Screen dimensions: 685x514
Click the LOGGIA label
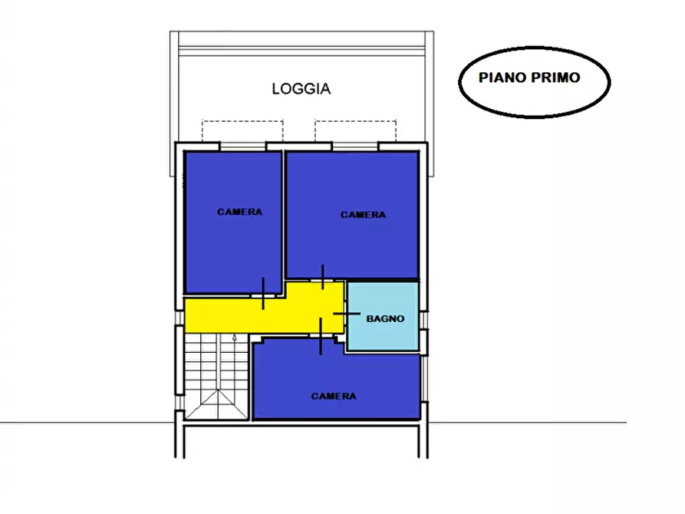click(x=301, y=89)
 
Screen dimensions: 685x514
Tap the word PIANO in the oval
click(x=502, y=77)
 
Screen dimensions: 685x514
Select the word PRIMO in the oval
click(x=555, y=77)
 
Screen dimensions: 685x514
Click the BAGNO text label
click(x=385, y=318)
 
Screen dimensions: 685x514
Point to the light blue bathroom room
click(x=383, y=316)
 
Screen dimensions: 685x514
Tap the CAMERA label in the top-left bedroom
click(x=239, y=212)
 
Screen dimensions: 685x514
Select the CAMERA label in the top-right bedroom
click(x=363, y=215)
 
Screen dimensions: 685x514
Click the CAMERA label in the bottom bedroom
click(x=334, y=396)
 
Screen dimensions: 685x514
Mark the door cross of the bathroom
click(x=347, y=313)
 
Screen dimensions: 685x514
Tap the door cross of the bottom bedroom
click(x=321, y=335)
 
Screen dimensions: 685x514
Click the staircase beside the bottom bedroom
click(x=216, y=376)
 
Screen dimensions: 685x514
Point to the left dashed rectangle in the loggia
click(x=242, y=131)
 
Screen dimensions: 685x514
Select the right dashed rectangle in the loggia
click(x=356, y=131)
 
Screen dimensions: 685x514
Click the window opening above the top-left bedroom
click(x=242, y=146)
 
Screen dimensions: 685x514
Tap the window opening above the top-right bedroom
click(x=354, y=146)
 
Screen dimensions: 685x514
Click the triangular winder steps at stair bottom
click(x=216, y=405)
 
